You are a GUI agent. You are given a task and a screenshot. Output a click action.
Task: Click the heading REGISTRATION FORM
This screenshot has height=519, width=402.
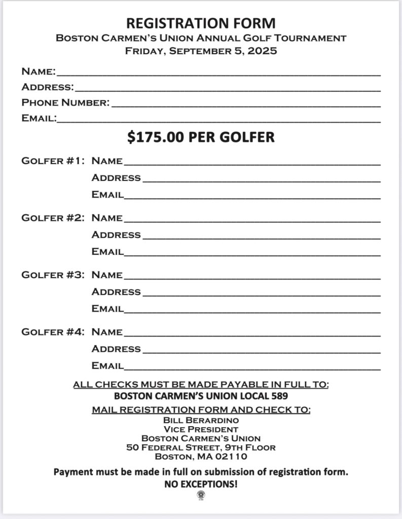[201, 23]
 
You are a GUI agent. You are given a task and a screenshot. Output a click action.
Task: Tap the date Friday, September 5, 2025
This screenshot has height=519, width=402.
[201, 51]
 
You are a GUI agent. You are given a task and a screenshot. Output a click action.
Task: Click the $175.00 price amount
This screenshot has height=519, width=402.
[152, 137]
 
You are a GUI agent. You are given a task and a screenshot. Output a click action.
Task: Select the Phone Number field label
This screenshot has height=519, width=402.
[65, 103]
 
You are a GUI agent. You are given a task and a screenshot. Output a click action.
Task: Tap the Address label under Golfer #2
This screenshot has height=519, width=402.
[116, 235]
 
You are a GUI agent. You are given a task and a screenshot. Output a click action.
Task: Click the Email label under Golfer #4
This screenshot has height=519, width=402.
[107, 365]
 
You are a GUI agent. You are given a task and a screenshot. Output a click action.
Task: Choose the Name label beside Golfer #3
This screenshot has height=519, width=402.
[107, 275]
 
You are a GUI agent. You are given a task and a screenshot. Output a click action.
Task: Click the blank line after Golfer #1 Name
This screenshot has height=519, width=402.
[251, 163]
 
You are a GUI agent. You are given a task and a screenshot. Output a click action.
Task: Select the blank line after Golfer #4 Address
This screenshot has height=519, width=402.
[261, 351]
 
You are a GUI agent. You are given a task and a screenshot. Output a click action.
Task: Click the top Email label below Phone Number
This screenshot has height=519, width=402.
[39, 119]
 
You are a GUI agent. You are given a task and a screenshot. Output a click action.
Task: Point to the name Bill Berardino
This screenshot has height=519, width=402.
[201, 420]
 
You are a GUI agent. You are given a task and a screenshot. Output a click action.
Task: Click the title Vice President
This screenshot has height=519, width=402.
[201, 429]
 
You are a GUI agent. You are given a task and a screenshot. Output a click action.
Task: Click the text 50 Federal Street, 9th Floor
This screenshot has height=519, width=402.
[201, 448]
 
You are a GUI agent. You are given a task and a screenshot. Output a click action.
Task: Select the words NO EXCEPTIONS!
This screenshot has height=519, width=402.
[201, 485]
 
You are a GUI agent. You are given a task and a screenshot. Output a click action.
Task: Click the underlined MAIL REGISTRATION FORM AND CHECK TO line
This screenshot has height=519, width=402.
[201, 410]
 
